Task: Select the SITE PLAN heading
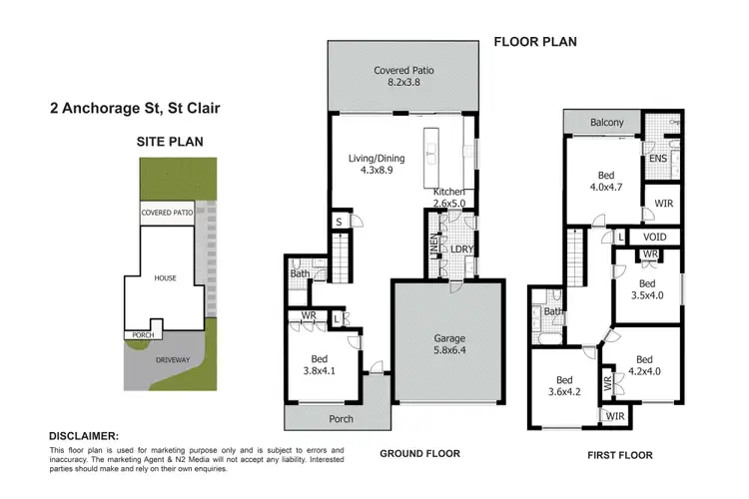(x=170, y=142)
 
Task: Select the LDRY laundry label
(x=461, y=249)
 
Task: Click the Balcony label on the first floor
(x=606, y=123)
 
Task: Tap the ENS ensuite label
(x=657, y=158)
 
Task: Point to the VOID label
(x=657, y=237)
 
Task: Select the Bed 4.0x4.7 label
(x=602, y=178)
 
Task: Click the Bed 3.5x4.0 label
(x=649, y=288)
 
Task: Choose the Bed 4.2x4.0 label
(x=643, y=366)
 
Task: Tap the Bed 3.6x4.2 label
(x=564, y=386)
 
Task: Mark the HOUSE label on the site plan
(x=165, y=278)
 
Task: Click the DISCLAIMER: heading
(x=83, y=436)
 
